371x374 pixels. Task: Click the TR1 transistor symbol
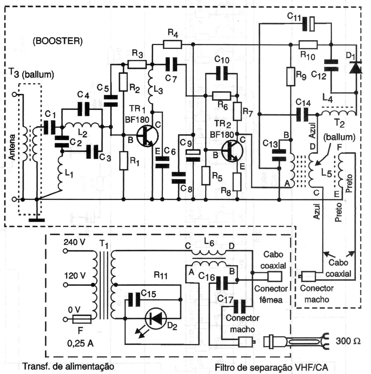point(147,136)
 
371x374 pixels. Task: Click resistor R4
point(172,44)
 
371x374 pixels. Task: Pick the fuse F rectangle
point(82,319)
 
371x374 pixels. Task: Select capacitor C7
point(171,64)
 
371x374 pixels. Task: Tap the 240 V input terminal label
point(74,242)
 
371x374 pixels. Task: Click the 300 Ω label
point(348,341)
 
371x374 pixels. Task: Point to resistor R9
point(291,77)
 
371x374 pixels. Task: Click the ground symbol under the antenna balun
point(37,220)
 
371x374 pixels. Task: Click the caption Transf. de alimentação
point(68,367)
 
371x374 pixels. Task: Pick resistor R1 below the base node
point(124,161)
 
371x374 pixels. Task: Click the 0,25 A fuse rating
point(80,343)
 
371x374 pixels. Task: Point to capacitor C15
point(134,300)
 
